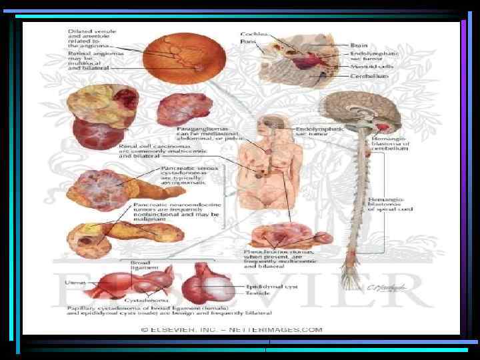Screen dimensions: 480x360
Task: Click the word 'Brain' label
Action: click(359, 45)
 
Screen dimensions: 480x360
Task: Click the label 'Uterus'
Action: click(75, 283)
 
